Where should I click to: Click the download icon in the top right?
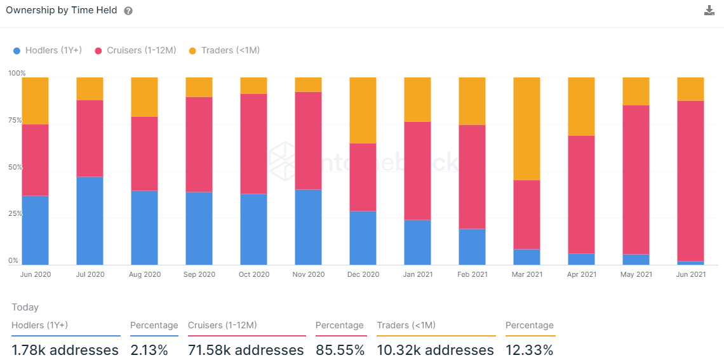pyautogui.click(x=709, y=10)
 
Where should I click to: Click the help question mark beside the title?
pyautogui.click(x=128, y=11)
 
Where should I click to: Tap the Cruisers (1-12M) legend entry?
pyautogui.click(x=135, y=50)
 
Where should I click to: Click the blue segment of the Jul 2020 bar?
pyautogui.click(x=90, y=220)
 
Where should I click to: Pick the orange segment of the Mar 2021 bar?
pyautogui.click(x=526, y=129)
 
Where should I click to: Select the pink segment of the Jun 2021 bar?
pyautogui.click(x=690, y=181)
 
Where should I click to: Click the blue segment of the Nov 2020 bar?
pyautogui.click(x=308, y=227)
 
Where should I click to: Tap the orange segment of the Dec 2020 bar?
pyautogui.click(x=363, y=110)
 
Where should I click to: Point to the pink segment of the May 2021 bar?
pyautogui.click(x=636, y=180)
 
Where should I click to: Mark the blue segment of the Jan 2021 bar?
pyautogui.click(x=417, y=242)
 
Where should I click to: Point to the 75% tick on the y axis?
pyautogui.click(x=15, y=120)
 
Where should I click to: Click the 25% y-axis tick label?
pyautogui.click(x=15, y=214)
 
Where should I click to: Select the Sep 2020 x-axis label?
pyautogui.click(x=199, y=274)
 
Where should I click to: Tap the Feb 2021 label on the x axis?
pyautogui.click(x=472, y=274)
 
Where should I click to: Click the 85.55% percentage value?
pyautogui.click(x=340, y=350)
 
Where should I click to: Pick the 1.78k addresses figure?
pyautogui.click(x=65, y=350)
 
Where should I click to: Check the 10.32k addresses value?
pyautogui.click(x=435, y=350)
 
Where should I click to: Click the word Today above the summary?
pyautogui.click(x=25, y=307)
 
